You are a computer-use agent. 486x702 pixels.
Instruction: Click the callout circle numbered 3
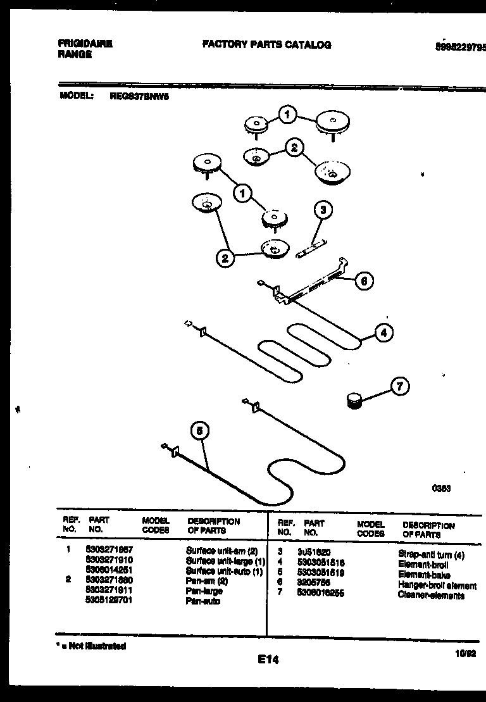pos(323,210)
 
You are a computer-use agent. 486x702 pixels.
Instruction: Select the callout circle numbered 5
pos(199,432)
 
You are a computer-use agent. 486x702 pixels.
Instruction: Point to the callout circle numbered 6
pos(364,280)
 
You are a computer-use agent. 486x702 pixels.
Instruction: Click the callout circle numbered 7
pos(399,385)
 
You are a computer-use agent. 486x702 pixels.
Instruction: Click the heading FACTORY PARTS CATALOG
pos(266,45)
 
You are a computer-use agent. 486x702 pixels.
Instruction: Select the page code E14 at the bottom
pos(268,660)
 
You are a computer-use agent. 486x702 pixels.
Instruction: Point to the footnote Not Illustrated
pos(90,646)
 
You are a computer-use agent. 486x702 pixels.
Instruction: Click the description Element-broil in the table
pos(423,564)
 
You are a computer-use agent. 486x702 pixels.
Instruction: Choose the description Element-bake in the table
pos(423,575)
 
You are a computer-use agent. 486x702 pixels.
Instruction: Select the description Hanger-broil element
pos(437,586)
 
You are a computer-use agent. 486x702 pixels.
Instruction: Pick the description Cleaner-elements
pos(431,596)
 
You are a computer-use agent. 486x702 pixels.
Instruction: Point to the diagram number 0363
pos(441,488)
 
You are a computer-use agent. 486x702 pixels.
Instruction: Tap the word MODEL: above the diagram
pos(77,96)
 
